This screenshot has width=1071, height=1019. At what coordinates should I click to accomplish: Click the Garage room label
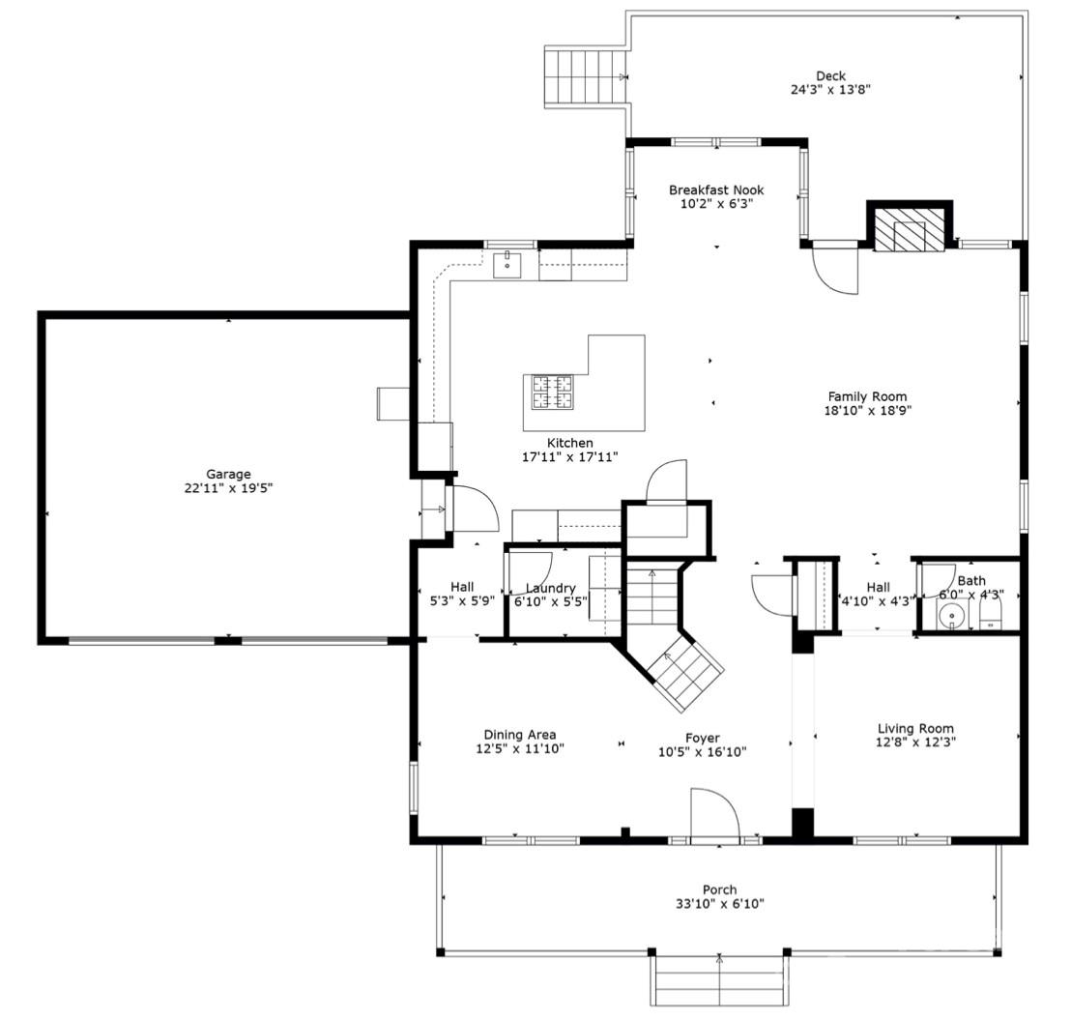[x=228, y=474]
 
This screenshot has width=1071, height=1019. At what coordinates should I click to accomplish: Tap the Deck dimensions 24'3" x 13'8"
[x=830, y=90]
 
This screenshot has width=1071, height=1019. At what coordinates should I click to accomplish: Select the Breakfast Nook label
[x=715, y=189]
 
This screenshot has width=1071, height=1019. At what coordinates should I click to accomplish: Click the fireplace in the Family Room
[x=909, y=230]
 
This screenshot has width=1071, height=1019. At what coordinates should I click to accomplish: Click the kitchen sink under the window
[x=507, y=262]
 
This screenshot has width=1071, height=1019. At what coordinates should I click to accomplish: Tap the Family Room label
[x=867, y=396]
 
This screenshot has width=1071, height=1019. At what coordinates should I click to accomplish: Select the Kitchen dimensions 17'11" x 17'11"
[x=569, y=456]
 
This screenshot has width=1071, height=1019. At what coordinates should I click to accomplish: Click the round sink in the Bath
[x=951, y=615]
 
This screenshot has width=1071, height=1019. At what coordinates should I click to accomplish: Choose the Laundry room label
[x=550, y=588]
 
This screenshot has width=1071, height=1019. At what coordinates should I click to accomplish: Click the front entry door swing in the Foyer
[x=713, y=814]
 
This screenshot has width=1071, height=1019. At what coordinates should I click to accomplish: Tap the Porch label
[x=719, y=889]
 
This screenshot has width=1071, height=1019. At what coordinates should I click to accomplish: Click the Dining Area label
[x=520, y=735]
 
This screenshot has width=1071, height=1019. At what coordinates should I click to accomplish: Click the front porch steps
[x=719, y=980]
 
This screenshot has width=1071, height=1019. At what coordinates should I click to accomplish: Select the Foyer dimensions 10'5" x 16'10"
[x=702, y=751]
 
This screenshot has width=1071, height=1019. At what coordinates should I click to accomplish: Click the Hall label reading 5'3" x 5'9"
[x=462, y=587]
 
